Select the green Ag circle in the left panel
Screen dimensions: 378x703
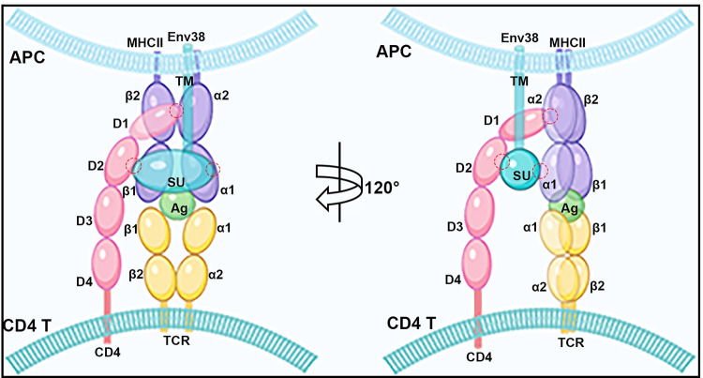click(x=175, y=204)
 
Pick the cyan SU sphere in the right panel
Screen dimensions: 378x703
click(x=520, y=174)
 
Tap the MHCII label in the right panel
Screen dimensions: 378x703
click(x=566, y=40)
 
